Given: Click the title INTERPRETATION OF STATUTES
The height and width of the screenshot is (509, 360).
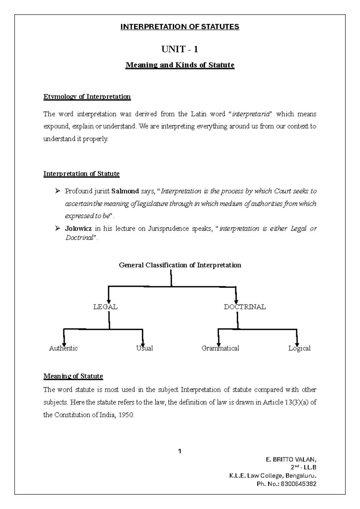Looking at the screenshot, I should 180,27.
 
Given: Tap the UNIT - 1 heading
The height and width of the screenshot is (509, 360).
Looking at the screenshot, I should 180,49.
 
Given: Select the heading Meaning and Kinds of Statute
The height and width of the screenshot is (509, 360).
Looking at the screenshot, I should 180,65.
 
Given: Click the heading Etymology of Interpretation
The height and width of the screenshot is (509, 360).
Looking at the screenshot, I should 87,97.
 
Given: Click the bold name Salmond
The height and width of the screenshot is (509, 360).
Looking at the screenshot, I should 125,191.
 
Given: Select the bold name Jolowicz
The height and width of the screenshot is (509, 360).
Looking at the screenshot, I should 78,229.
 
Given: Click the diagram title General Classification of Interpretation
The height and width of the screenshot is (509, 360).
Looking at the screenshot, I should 180,265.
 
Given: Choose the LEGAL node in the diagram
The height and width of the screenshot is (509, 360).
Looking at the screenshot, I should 105,307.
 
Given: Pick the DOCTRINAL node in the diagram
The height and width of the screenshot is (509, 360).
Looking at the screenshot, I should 245,307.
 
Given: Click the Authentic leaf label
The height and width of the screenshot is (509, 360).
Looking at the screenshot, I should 63,348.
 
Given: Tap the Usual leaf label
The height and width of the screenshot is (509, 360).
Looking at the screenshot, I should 145,348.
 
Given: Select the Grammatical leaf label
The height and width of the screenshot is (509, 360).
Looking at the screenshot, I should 220,348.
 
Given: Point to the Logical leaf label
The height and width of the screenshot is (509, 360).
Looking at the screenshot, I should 299,348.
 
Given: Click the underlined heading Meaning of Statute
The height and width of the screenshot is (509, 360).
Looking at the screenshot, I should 73,376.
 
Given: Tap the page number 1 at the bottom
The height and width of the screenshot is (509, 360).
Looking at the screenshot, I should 180,451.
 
